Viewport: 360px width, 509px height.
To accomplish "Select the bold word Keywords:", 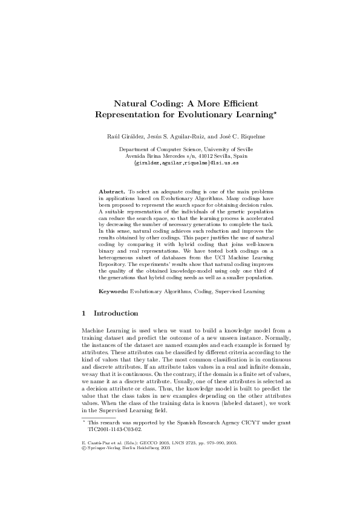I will (x=113, y=292).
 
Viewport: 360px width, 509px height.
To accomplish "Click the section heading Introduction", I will (x=116, y=314).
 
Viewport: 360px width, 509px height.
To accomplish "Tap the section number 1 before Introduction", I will (x=83, y=314).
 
